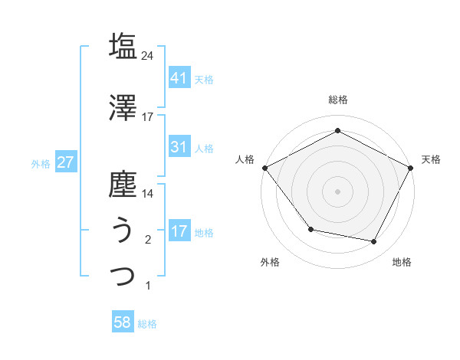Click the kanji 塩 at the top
(123, 45)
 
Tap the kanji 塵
(123, 185)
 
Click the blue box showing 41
(179, 78)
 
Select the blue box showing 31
(179, 147)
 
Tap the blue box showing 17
(179, 231)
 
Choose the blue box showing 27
(65, 162)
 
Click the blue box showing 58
(123, 322)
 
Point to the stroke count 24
(148, 55)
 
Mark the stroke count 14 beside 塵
(148, 194)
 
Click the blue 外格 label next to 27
(41, 163)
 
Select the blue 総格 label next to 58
(147, 324)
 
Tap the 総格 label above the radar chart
(338, 100)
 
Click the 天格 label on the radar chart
(431, 159)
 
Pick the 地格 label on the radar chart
(402, 262)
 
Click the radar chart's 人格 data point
(264, 167)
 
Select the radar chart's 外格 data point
(310, 229)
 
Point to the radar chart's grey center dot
(337, 191)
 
